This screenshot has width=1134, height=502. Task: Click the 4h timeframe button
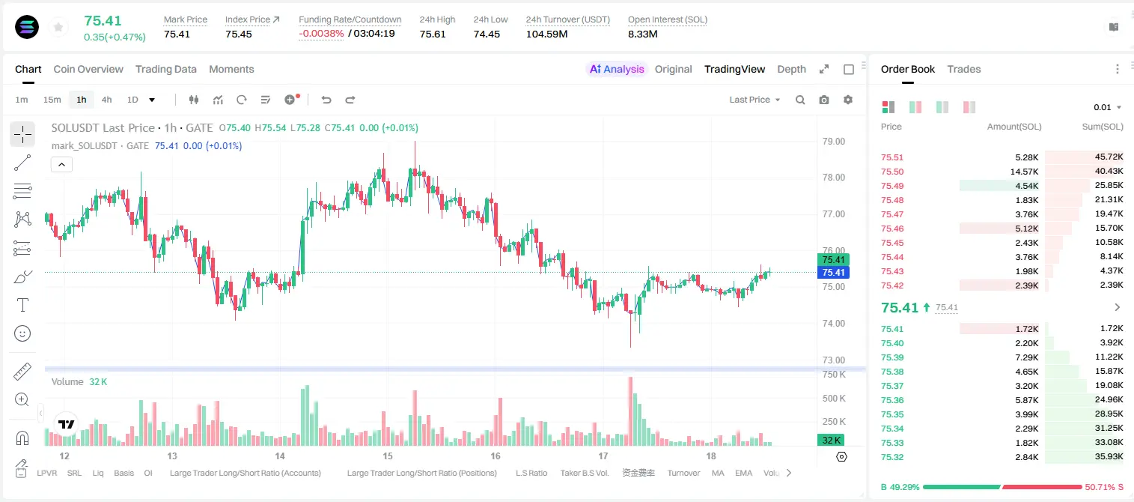click(x=106, y=100)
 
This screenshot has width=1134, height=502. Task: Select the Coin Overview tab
click(x=88, y=70)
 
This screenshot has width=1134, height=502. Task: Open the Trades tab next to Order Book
click(x=964, y=70)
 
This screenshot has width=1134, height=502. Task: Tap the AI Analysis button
click(x=617, y=70)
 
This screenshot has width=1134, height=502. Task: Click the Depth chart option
click(x=791, y=70)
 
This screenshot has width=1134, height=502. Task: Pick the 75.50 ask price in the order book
click(x=892, y=172)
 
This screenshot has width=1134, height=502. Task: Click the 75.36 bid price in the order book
click(x=892, y=400)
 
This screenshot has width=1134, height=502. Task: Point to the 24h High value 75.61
click(x=433, y=34)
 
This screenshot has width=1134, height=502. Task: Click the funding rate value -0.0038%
click(x=321, y=34)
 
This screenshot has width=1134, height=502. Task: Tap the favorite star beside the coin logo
click(x=58, y=27)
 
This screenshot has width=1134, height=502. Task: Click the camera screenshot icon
click(x=823, y=100)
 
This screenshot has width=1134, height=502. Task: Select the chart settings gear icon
click(x=848, y=100)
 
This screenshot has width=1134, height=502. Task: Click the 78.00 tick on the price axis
click(x=833, y=178)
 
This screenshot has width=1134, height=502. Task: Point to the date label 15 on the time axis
click(x=388, y=456)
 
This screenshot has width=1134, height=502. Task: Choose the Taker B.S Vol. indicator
click(x=584, y=473)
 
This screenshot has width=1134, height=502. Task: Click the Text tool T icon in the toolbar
click(x=22, y=305)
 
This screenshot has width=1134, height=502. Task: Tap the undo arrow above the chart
click(x=326, y=100)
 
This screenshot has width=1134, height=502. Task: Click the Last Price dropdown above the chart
click(x=755, y=100)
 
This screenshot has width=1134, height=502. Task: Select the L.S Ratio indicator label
click(x=531, y=473)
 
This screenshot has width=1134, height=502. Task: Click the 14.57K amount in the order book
click(x=1024, y=172)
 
